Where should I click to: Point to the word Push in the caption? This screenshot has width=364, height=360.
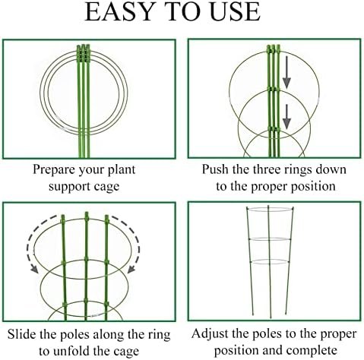[x=215, y=169]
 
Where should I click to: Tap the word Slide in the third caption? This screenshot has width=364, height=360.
[x=22, y=334]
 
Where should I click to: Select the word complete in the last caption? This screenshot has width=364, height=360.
[x=312, y=351]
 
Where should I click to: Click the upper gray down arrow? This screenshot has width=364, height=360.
[x=286, y=73]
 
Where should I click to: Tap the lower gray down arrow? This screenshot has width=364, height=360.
[x=286, y=117]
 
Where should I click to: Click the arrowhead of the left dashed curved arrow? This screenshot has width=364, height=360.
[x=34, y=269]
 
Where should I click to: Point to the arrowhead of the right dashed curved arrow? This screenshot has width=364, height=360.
[x=131, y=269]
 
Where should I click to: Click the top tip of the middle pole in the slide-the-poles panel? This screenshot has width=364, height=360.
[x=87, y=212]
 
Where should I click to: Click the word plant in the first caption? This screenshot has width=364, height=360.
[x=122, y=170]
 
